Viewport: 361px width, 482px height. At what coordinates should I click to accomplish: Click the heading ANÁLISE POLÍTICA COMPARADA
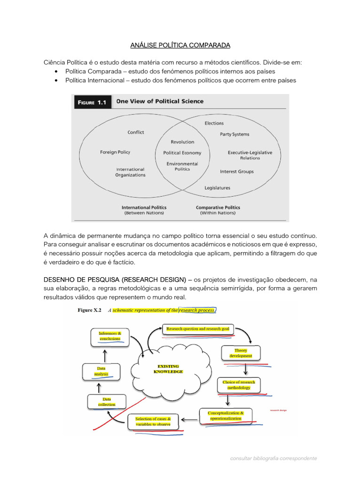pyautogui.click(x=180, y=45)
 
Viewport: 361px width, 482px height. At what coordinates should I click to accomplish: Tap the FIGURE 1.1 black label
pyautogui.click(x=92, y=102)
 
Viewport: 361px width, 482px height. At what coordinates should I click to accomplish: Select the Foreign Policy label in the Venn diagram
pyautogui.click(x=115, y=152)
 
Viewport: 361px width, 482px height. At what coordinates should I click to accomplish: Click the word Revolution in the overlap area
pyautogui.click(x=182, y=142)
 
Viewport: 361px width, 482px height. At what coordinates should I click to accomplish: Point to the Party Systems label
pyautogui.click(x=235, y=134)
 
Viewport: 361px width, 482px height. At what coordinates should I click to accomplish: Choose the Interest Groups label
pyautogui.click(x=236, y=172)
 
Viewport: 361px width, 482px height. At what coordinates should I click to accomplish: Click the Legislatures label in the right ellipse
pyautogui.click(x=217, y=188)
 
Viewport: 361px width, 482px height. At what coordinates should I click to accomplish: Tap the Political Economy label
pyautogui.click(x=182, y=153)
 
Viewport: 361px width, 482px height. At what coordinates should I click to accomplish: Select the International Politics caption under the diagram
pyautogui.click(x=144, y=208)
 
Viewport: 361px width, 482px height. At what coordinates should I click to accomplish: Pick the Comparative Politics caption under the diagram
pyautogui.click(x=218, y=208)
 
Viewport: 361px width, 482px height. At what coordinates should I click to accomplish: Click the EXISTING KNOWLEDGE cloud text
pyautogui.click(x=168, y=369)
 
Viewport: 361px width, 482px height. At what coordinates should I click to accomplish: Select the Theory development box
pyautogui.click(x=241, y=353)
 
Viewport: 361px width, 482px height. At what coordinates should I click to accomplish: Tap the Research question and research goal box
pyautogui.click(x=197, y=329)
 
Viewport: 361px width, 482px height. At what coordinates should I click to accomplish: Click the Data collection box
pyautogui.click(x=106, y=402)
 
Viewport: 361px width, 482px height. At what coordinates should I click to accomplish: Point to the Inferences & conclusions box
pyautogui.click(x=109, y=336)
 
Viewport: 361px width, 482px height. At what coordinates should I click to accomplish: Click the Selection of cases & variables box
pyautogui.click(x=153, y=421)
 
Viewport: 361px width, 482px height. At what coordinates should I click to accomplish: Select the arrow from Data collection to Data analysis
pyautogui.click(x=99, y=387)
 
